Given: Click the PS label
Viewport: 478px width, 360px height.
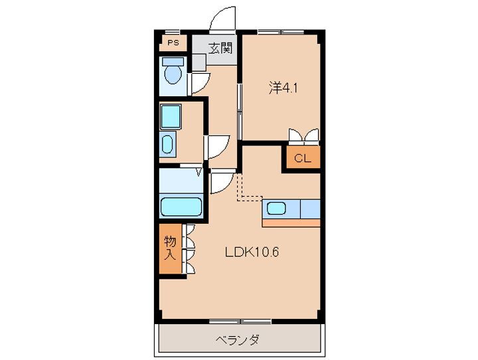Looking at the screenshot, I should [x=173, y=43].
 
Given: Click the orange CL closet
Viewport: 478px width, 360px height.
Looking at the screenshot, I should [x=302, y=158].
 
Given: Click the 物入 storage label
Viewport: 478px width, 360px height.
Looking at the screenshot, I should [x=171, y=248].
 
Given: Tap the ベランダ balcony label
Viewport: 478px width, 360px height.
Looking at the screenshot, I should [x=238, y=340].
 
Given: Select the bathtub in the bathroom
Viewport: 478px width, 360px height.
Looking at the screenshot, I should [x=181, y=206].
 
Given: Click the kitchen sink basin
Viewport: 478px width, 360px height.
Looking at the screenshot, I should [x=277, y=209].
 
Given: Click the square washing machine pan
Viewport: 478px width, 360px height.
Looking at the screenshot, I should [x=171, y=118].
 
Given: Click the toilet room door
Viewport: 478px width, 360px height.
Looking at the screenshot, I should [x=200, y=82].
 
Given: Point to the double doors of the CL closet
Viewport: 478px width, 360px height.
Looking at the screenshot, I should [x=304, y=136].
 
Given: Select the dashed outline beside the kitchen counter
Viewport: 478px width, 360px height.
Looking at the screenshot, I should [x=248, y=189].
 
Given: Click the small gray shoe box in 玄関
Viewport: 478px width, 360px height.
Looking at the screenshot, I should [x=199, y=62].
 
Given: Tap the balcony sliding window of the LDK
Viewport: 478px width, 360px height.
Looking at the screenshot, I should [x=240, y=322].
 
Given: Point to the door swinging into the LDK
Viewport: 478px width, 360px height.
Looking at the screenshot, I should [x=222, y=182].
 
